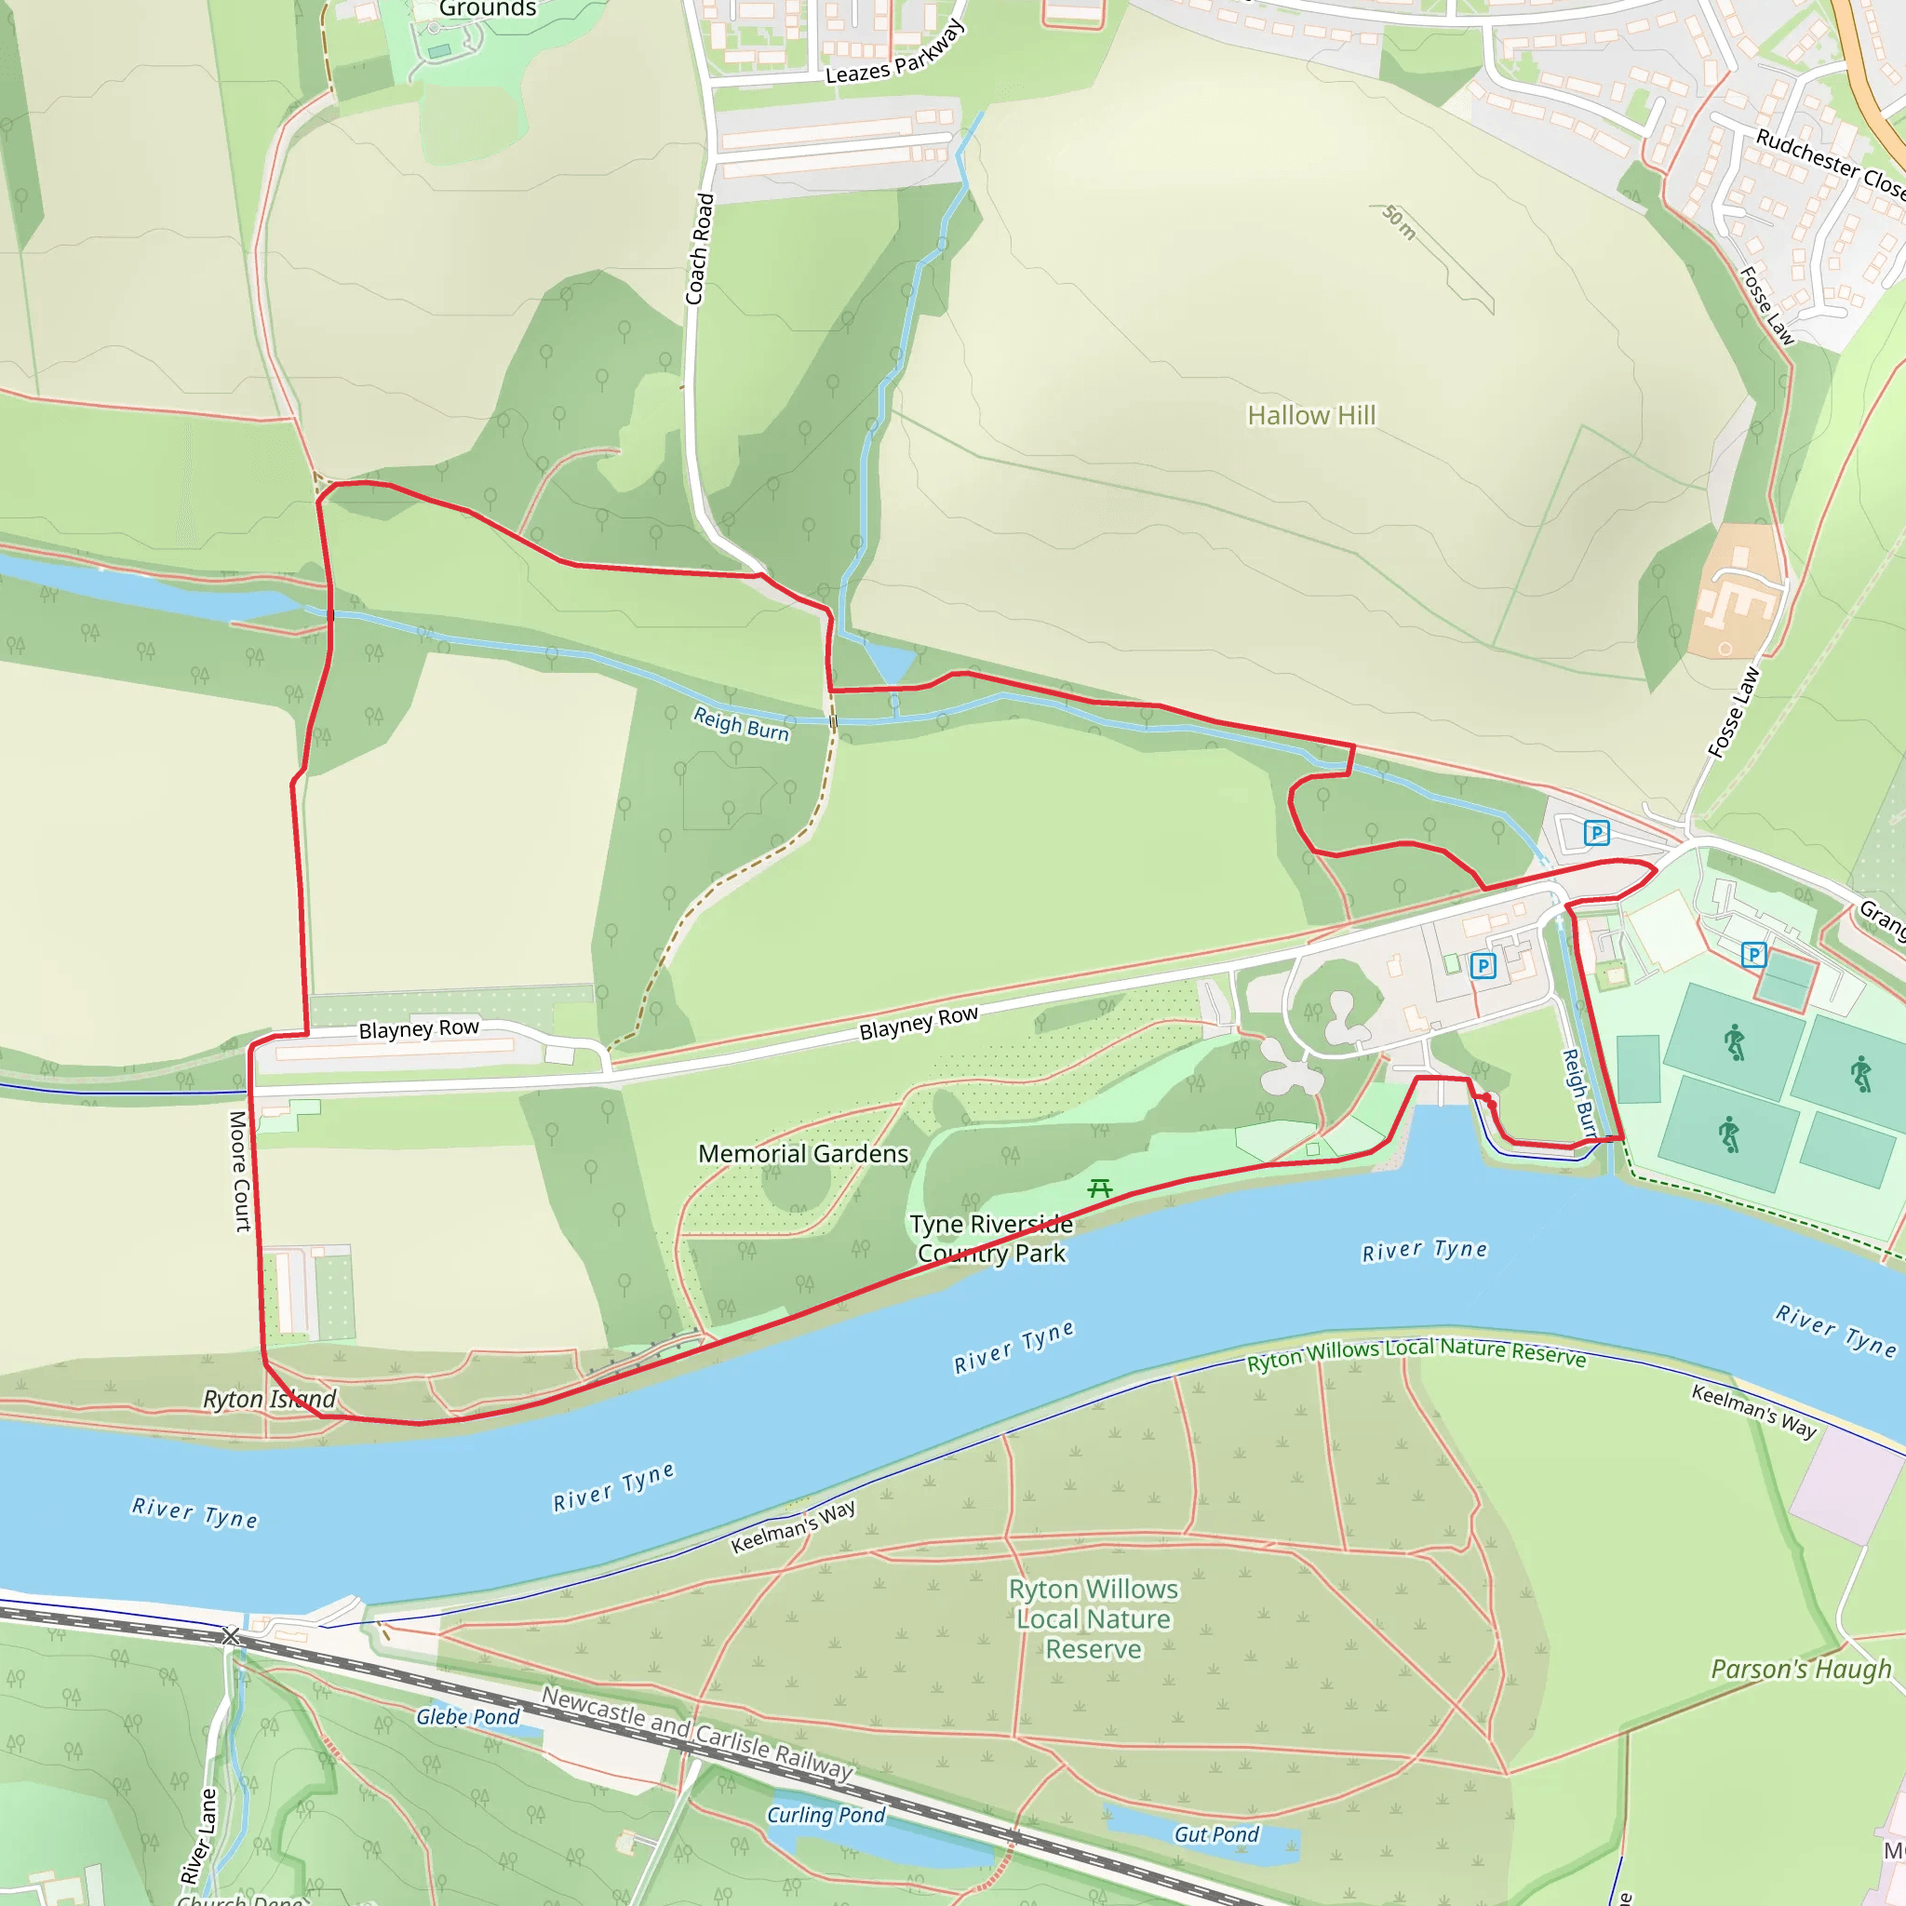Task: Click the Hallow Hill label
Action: coord(1310,415)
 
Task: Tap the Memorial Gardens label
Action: coord(803,1153)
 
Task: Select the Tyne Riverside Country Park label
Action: coord(990,1238)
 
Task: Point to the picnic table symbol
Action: coord(1099,1188)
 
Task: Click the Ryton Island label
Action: coord(269,1399)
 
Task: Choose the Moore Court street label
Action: coord(239,1171)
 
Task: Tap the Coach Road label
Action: coord(700,248)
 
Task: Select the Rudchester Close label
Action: coord(1830,164)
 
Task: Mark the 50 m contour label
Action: coord(1399,223)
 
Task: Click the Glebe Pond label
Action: coord(467,1716)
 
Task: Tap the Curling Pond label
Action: coord(825,1815)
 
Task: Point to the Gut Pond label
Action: coord(1215,1834)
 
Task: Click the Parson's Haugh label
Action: coord(1802,1670)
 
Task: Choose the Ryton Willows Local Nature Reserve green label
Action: coord(1094,1619)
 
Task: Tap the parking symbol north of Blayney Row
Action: coord(1596,833)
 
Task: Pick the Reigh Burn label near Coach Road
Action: coord(741,723)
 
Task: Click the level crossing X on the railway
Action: coord(231,1637)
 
